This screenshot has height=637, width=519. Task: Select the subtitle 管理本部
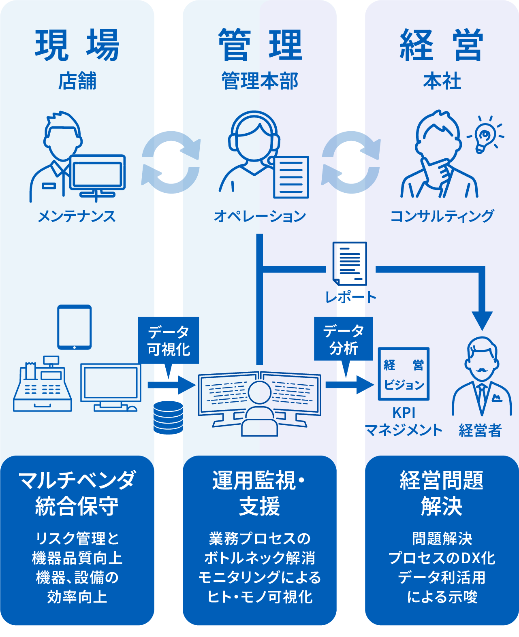(x=260, y=81)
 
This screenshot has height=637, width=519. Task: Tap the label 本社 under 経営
(x=442, y=81)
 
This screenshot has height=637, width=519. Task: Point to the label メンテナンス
(x=77, y=216)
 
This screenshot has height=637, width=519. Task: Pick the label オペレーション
(x=260, y=216)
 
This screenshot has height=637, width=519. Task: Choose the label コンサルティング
(x=442, y=216)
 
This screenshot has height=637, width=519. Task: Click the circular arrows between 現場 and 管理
(x=171, y=162)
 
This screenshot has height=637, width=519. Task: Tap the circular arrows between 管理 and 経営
(x=351, y=162)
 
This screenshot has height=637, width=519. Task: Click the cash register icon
(x=43, y=385)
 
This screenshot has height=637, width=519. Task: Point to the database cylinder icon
(x=168, y=418)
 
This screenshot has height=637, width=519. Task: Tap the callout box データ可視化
(x=168, y=340)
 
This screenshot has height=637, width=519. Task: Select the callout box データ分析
(x=343, y=339)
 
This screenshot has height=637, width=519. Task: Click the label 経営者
(x=480, y=430)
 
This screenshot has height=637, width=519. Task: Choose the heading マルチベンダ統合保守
(x=77, y=493)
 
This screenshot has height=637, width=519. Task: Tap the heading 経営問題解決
(x=442, y=493)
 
